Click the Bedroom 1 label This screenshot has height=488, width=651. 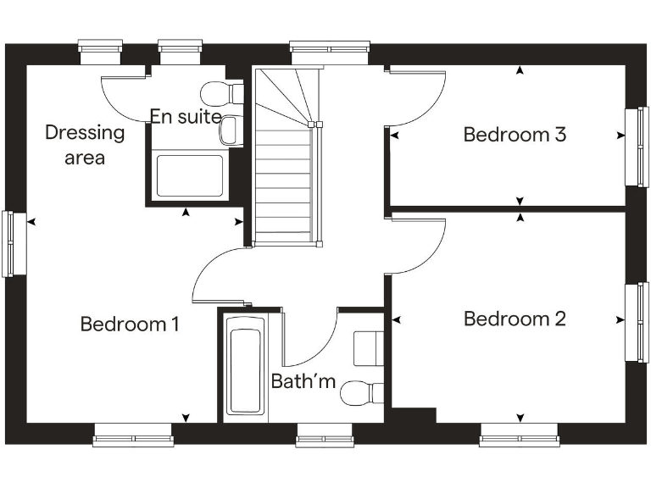[x=130, y=324]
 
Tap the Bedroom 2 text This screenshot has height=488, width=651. [x=515, y=319]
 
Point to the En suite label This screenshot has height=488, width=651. [x=186, y=117]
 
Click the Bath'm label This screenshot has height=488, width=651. [x=303, y=381]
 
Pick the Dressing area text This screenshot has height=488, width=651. [x=85, y=144]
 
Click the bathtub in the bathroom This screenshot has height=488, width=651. [x=245, y=371]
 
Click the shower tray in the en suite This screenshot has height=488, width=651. [x=190, y=175]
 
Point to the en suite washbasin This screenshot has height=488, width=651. [x=230, y=130]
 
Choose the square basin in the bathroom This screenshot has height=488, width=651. [x=368, y=347]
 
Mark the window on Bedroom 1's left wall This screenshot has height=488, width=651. [x=8, y=243]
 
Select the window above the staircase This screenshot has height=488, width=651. [x=330, y=47]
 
